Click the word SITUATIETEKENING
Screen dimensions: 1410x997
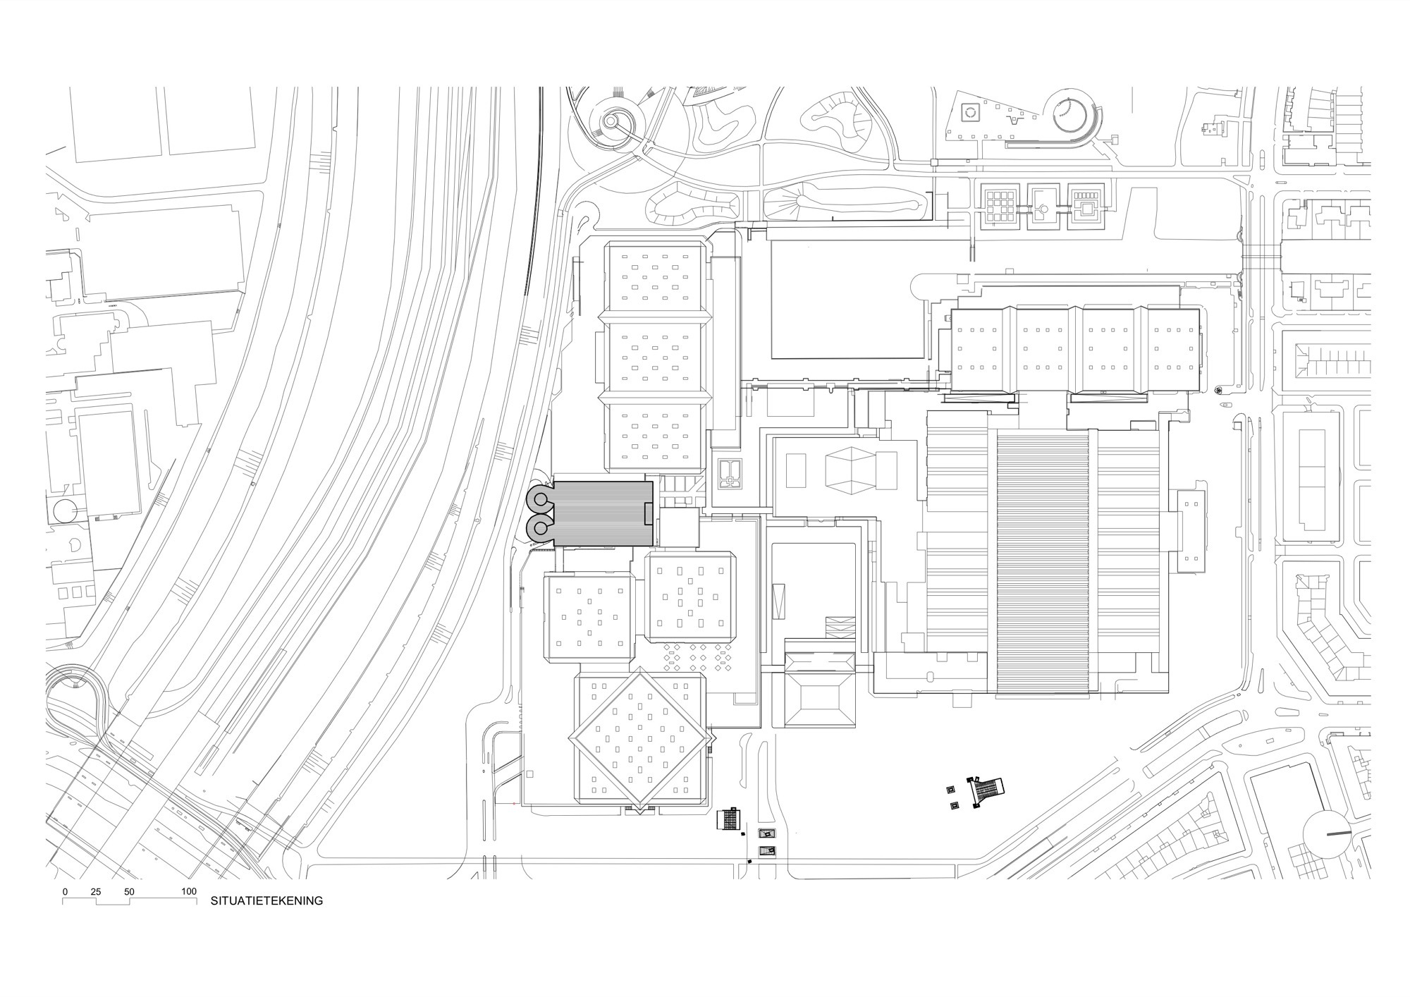pyautogui.click(x=266, y=900)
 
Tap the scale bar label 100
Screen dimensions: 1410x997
pyautogui.click(x=189, y=891)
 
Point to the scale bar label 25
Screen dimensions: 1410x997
pyautogui.click(x=96, y=891)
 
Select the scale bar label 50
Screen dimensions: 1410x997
pyautogui.click(x=129, y=891)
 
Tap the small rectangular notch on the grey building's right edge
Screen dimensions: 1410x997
pyautogui.click(x=649, y=514)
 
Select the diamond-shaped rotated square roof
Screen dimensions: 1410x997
pyautogui.click(x=642, y=739)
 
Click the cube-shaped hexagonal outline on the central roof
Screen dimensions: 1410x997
pyautogui.click(x=850, y=469)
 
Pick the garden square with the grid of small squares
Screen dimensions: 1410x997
pyautogui.click(x=998, y=205)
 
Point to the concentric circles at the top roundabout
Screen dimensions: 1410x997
pyautogui.click(x=611, y=123)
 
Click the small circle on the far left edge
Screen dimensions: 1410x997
pyautogui.click(x=65, y=509)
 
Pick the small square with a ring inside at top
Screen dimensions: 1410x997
pyautogui.click(x=971, y=111)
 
